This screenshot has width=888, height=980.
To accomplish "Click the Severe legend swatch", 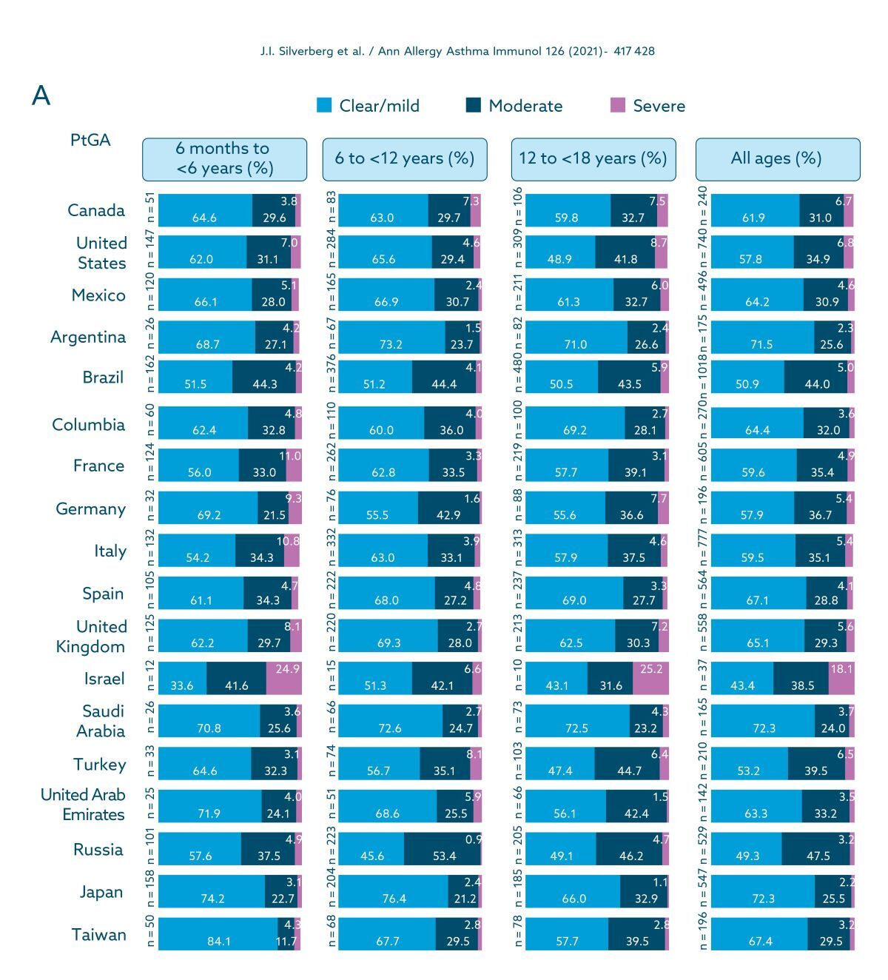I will [618, 105].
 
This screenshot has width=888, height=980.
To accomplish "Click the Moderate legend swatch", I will [474, 105].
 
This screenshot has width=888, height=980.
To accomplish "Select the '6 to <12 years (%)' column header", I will [405, 158].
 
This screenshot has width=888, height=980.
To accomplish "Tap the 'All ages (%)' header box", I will [777, 158].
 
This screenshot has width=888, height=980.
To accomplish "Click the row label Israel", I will [104, 679].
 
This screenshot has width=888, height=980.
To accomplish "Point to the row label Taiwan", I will [98, 935].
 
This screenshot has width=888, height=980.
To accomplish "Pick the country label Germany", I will [90, 509].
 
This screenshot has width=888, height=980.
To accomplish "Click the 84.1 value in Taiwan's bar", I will [218, 942].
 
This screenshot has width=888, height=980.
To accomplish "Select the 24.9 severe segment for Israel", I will [284, 678].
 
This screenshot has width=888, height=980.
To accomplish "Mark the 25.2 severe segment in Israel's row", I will [650, 678].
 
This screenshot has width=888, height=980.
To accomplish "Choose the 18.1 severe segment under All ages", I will [841, 678].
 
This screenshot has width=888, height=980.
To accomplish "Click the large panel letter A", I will [41, 96].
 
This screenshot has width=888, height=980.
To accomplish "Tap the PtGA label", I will [90, 140].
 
